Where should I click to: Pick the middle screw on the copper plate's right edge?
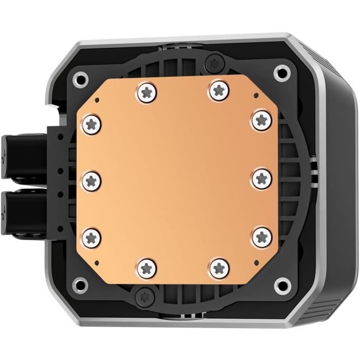(262, 178)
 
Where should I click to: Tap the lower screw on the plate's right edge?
(262, 236)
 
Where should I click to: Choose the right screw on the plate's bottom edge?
(220, 267)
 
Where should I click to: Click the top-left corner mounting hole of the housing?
(80, 79)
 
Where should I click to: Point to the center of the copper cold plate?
(177, 179)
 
